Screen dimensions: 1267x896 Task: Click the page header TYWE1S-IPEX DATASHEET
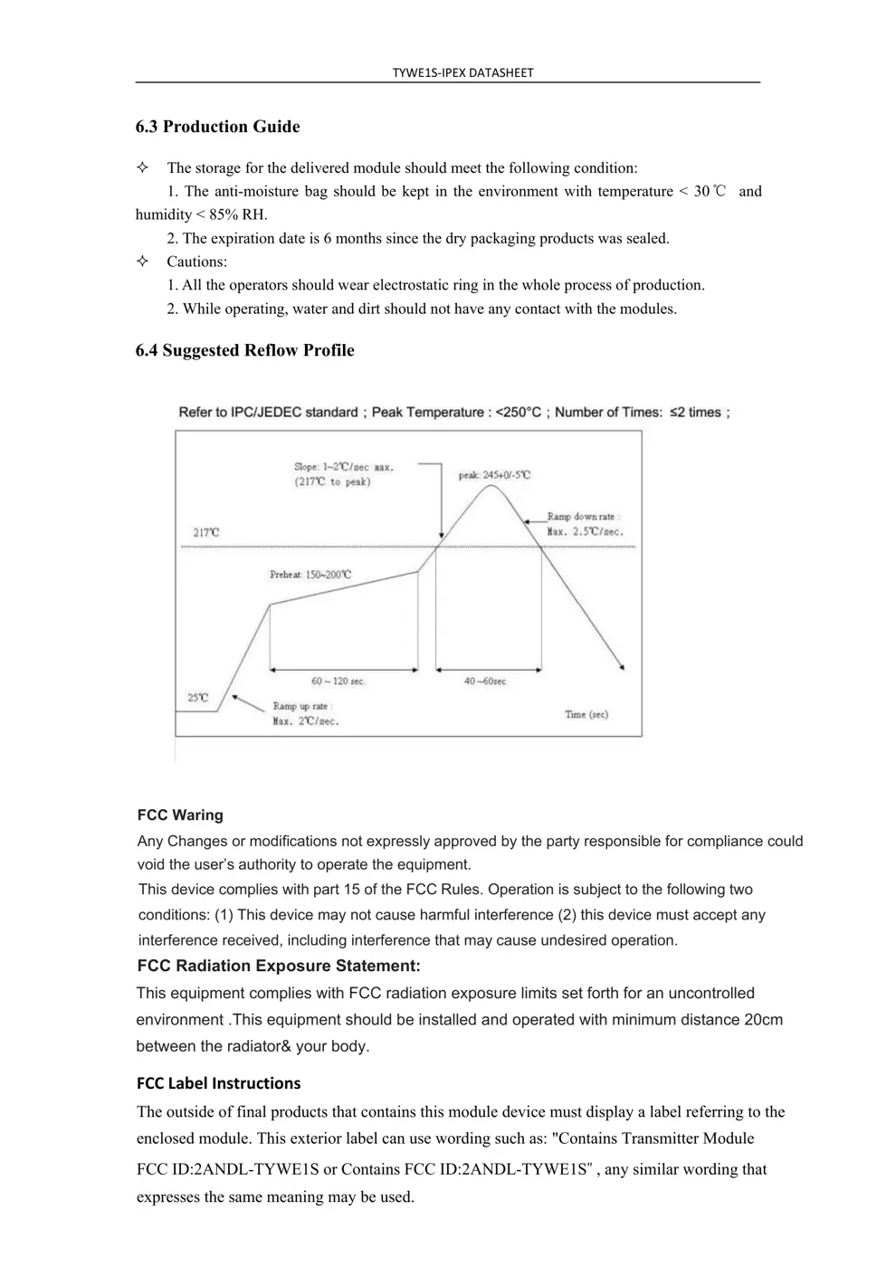pos(462,72)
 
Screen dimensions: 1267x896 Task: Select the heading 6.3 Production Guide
pos(217,127)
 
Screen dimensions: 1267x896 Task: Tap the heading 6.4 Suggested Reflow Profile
pos(244,351)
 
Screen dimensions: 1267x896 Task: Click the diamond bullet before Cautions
pos(143,262)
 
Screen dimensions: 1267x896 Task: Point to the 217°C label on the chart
pos(206,533)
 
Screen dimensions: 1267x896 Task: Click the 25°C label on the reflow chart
pos(197,698)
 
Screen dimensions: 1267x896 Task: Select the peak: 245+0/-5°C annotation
pos(494,475)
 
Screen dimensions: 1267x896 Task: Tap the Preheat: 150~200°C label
pos(310,575)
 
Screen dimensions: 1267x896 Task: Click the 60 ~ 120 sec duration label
pos(338,681)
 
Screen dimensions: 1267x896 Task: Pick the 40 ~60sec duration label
pos(485,681)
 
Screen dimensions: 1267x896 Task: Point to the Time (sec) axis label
pos(586,715)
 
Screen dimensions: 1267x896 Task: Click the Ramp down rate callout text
pos(585,525)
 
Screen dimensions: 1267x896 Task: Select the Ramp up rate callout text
pos(305,714)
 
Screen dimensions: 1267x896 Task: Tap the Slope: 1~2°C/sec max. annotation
pos(343,474)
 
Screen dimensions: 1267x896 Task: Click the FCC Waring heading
pos(180,815)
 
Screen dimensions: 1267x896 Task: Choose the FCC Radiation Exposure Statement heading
pos(279,967)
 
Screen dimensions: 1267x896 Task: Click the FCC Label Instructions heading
pos(218,1083)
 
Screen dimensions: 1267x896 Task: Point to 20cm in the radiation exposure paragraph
pos(763,1020)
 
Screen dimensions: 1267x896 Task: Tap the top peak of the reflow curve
pos(491,486)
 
